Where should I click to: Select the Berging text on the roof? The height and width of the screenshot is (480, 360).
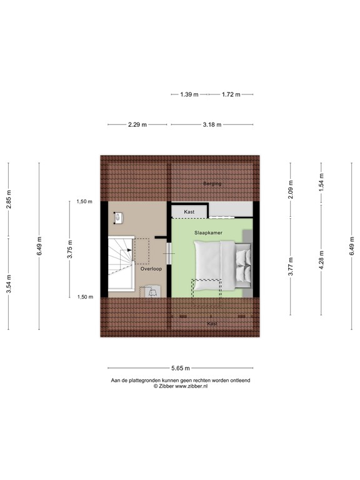[x=212, y=184]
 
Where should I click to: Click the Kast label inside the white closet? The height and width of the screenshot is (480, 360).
[x=189, y=212]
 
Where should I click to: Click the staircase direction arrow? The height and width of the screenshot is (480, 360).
[x=129, y=249]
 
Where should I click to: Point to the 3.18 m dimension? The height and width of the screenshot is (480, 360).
[x=212, y=124]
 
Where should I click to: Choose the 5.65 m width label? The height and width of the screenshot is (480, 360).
[x=181, y=368]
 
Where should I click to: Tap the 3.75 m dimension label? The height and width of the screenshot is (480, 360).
[x=70, y=249]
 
